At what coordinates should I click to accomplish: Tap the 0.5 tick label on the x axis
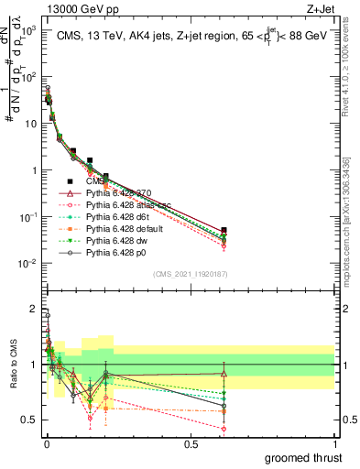[x=190, y=445]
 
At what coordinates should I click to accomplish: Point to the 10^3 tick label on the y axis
[x=27, y=29]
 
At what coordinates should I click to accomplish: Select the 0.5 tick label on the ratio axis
[x=29, y=420]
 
